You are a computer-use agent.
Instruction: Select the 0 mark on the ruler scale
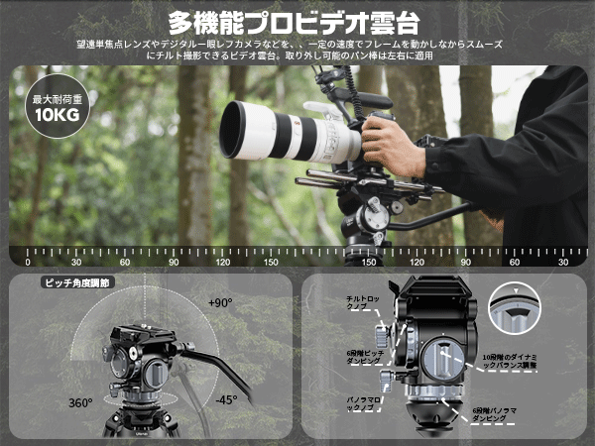(28, 262)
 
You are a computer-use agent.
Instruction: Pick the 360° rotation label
(80, 403)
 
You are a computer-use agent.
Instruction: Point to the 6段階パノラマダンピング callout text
(495, 413)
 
